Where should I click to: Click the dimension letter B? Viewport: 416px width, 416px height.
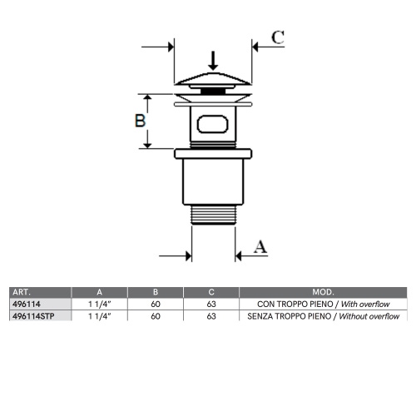click(141, 120)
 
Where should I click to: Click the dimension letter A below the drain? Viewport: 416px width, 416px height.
click(260, 246)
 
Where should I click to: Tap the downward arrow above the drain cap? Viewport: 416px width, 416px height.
click(213, 61)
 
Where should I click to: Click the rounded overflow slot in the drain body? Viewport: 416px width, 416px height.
click(213, 125)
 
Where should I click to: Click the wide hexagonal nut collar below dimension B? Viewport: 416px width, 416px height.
click(213, 154)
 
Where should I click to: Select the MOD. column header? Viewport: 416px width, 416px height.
click(323, 293)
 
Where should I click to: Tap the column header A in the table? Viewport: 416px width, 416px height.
click(100, 293)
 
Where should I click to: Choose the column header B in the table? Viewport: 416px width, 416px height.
click(156, 293)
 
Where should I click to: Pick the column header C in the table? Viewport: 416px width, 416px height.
click(211, 293)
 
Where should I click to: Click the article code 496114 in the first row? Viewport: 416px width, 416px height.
click(25, 305)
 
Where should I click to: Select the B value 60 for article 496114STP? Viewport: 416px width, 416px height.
click(156, 316)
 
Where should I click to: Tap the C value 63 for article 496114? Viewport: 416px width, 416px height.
click(211, 305)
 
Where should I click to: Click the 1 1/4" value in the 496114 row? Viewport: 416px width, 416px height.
click(100, 305)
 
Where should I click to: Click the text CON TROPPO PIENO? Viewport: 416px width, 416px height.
click(288, 305)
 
